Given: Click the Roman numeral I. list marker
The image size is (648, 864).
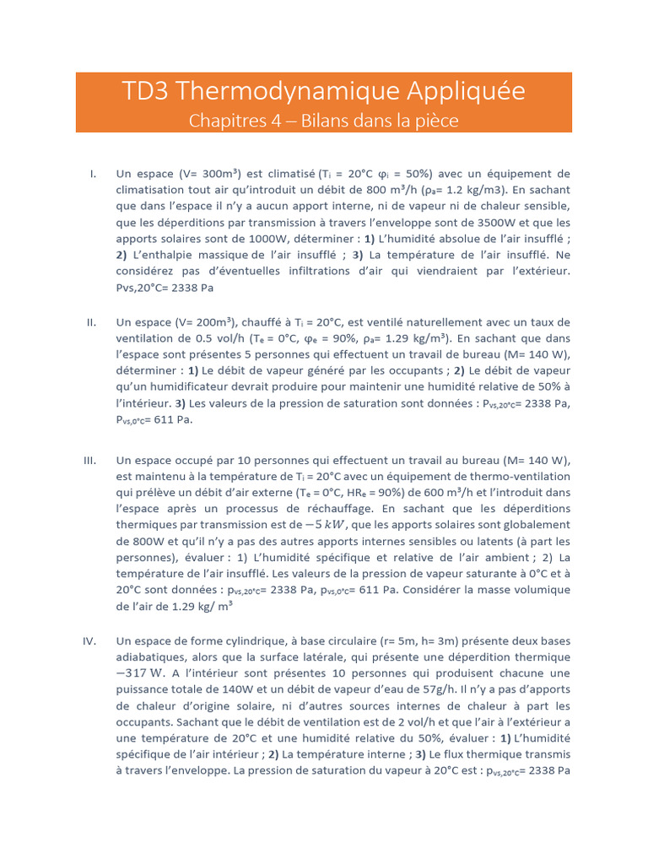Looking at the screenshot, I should click(93, 174).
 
